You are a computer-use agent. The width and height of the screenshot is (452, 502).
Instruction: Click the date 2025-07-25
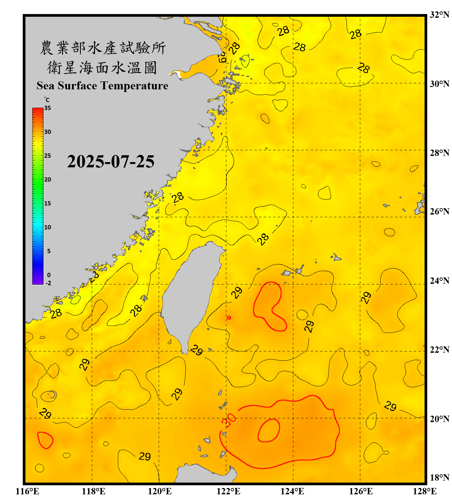[110, 162]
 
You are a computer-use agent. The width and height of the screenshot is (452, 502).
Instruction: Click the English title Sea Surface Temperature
[102, 86]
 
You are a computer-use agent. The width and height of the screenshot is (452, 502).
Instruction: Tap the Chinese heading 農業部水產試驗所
[102, 48]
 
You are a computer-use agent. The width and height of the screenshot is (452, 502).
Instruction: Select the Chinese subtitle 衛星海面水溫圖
[102, 68]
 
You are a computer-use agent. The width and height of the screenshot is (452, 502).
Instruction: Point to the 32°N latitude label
[439, 15]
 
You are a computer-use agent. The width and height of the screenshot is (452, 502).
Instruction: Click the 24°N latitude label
[439, 280]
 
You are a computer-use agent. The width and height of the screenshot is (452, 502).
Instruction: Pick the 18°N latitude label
[439, 478]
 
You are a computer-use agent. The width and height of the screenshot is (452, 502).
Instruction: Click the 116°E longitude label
[27, 491]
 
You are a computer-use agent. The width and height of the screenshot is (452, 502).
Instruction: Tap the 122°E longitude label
[228, 491]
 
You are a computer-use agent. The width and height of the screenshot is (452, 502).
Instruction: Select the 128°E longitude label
[425, 491]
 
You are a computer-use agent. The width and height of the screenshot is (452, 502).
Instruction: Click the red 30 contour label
[229, 420]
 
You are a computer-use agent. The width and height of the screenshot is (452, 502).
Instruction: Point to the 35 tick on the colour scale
[48, 108]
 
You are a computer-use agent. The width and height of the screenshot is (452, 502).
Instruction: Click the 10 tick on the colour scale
[48, 227]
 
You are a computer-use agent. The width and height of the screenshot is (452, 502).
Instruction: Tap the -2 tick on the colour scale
[48, 283]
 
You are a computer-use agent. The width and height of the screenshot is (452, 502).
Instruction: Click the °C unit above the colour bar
[47, 100]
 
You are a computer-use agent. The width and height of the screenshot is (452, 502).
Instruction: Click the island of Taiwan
[191, 295]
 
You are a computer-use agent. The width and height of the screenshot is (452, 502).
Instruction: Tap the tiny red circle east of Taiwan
[229, 318]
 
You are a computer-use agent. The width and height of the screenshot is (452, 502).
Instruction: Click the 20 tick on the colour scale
[48, 180]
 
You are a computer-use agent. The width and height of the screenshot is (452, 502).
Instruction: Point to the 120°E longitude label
[160, 491]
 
